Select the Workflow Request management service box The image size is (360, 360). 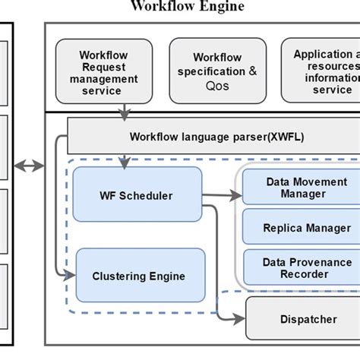[x=103, y=73]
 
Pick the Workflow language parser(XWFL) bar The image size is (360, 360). [x=213, y=136]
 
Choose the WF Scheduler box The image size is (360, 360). [x=137, y=196]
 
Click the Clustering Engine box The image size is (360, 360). [x=141, y=276]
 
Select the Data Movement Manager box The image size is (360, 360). [x=302, y=188]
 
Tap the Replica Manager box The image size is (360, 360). [x=302, y=228]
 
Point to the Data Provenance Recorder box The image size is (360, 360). [x=302, y=267]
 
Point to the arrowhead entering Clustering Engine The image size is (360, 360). [x=71, y=271]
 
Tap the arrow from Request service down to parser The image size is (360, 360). [x=124, y=109]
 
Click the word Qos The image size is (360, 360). [x=218, y=86]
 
